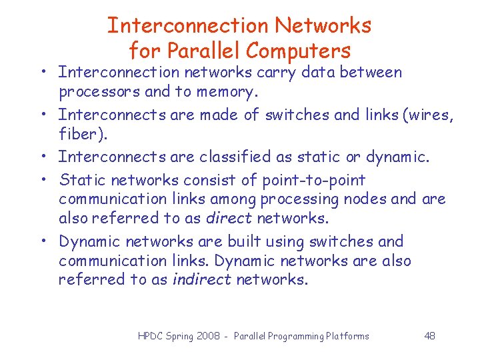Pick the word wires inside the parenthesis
[427, 115]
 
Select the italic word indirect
[200, 279]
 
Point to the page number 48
[430, 336]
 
